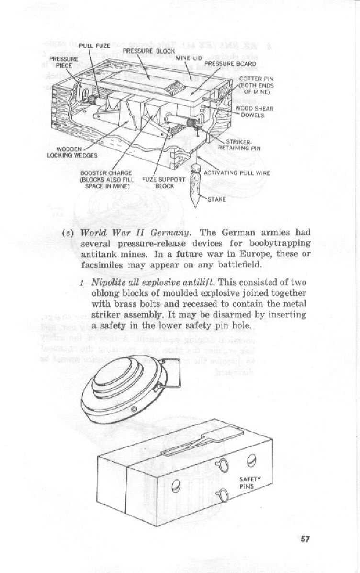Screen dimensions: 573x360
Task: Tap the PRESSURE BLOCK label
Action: tap(143, 50)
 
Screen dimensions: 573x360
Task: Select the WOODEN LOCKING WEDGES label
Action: tap(77, 152)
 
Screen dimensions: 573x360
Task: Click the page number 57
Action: tap(305, 539)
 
